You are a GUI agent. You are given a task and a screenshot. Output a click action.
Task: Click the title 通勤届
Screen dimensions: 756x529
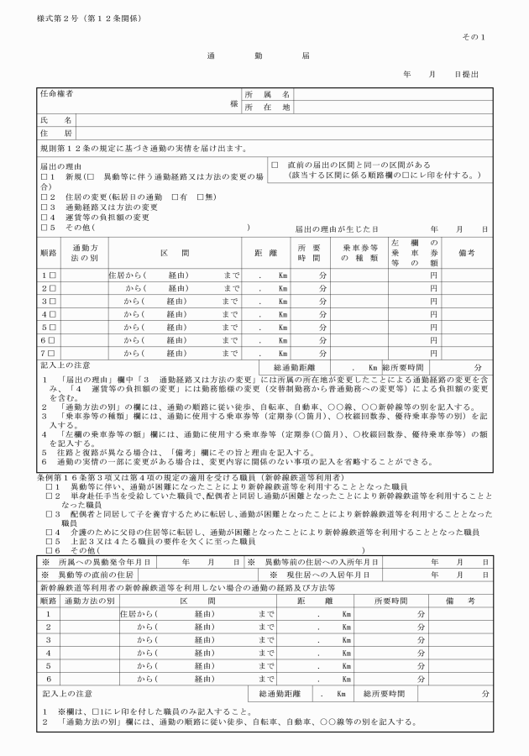point(258,55)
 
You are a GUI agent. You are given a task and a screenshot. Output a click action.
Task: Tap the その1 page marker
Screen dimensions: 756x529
point(474,37)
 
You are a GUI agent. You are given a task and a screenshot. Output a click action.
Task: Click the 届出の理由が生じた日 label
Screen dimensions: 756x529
point(337,228)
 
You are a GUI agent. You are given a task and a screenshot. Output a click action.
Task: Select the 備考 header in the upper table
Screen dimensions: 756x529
point(467,253)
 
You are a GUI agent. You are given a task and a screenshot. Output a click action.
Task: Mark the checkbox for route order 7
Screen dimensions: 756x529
point(52,353)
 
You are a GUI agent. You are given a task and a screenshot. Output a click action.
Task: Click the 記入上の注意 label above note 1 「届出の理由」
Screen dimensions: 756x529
point(65,365)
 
